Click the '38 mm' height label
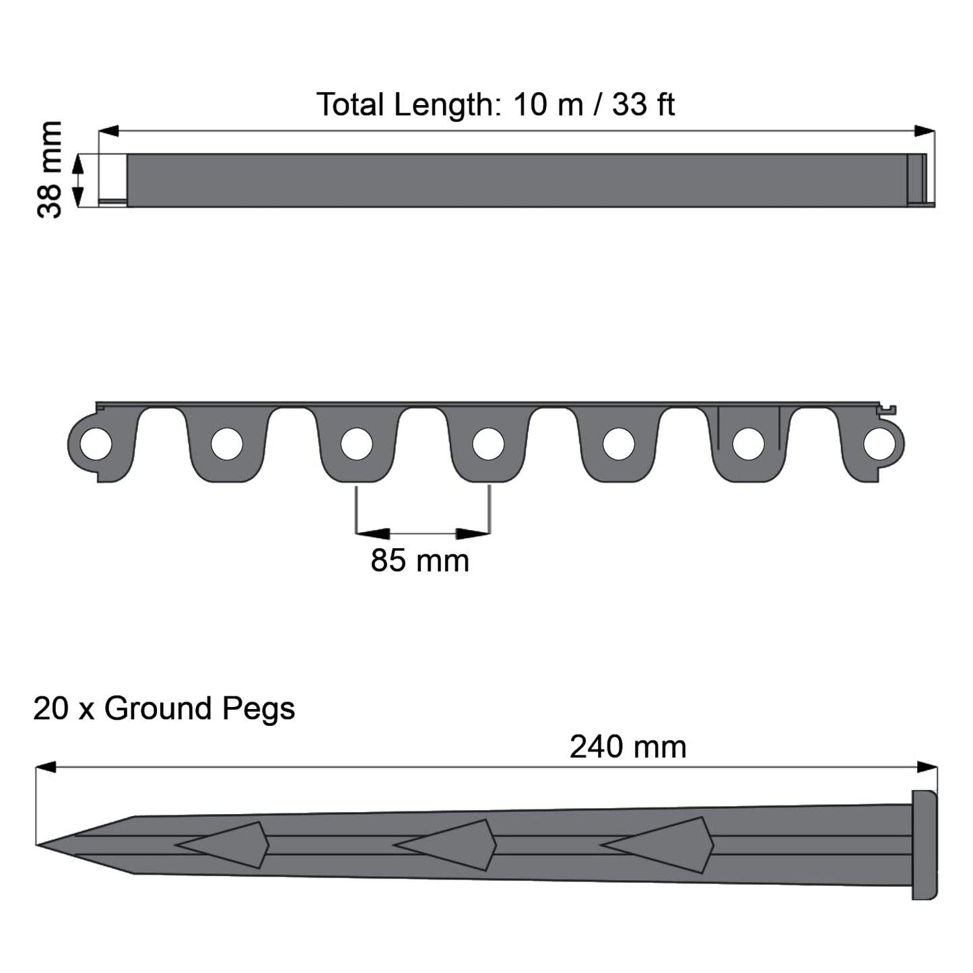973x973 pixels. (x=49, y=169)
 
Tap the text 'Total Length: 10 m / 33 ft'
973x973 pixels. (x=495, y=105)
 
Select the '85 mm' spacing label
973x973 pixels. (x=420, y=560)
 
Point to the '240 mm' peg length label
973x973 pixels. (x=628, y=747)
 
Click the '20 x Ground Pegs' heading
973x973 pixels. (x=164, y=708)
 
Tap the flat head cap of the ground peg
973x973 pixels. (x=924, y=844)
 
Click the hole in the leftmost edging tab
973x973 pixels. (x=96, y=444)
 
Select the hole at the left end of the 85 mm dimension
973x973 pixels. (x=356, y=444)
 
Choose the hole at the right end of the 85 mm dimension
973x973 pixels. (x=488, y=444)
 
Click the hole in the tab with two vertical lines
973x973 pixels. (x=748, y=444)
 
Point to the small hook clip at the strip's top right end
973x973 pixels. (x=890, y=409)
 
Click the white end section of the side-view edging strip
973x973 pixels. (x=112, y=176)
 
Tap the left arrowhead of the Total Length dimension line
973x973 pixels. (x=108, y=131)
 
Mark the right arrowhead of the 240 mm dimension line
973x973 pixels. (x=927, y=767)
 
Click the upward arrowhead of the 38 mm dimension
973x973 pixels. (x=78, y=162)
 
